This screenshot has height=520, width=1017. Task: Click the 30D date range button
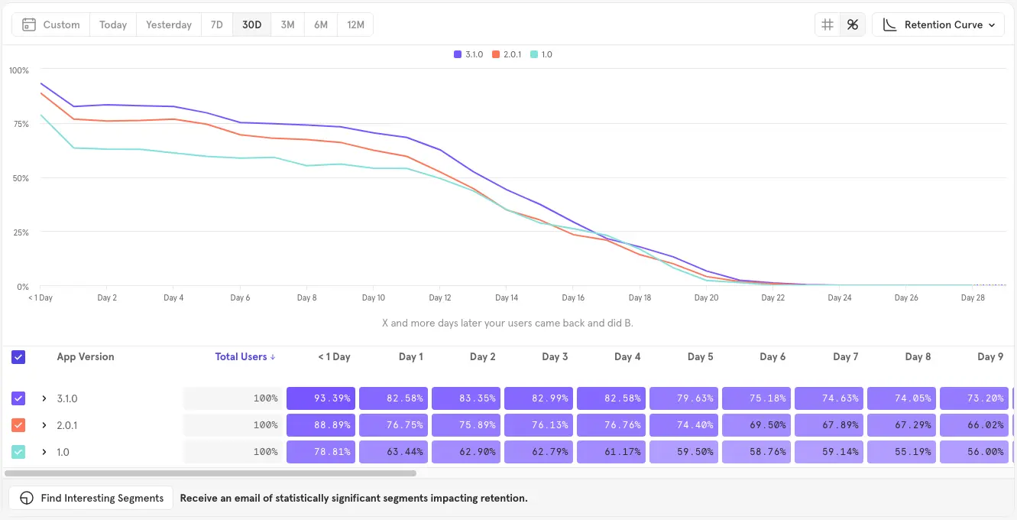tap(251, 24)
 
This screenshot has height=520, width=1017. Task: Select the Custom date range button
tap(51, 24)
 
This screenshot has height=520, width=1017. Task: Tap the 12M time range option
tap(355, 24)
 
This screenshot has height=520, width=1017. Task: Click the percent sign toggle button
tap(853, 24)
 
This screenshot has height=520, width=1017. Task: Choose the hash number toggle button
tap(827, 24)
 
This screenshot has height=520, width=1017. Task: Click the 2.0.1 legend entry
tap(507, 54)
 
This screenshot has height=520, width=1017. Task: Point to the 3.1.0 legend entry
tap(468, 54)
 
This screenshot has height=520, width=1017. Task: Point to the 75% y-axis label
tap(19, 124)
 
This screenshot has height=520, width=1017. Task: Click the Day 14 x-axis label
tap(507, 297)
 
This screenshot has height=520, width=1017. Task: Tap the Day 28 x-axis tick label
tap(973, 297)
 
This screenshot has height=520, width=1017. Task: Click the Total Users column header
tap(245, 356)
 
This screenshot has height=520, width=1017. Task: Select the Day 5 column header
tap(700, 356)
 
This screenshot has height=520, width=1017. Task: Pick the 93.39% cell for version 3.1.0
tap(321, 398)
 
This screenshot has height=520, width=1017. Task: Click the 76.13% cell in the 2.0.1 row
tap(539, 425)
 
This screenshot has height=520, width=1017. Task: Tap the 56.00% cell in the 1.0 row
tap(974, 452)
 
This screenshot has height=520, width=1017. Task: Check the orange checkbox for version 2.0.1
tap(19, 425)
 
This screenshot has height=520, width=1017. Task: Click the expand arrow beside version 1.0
tap(44, 452)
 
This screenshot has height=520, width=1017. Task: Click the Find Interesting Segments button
tap(92, 498)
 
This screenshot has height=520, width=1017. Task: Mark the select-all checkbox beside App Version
tap(19, 357)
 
